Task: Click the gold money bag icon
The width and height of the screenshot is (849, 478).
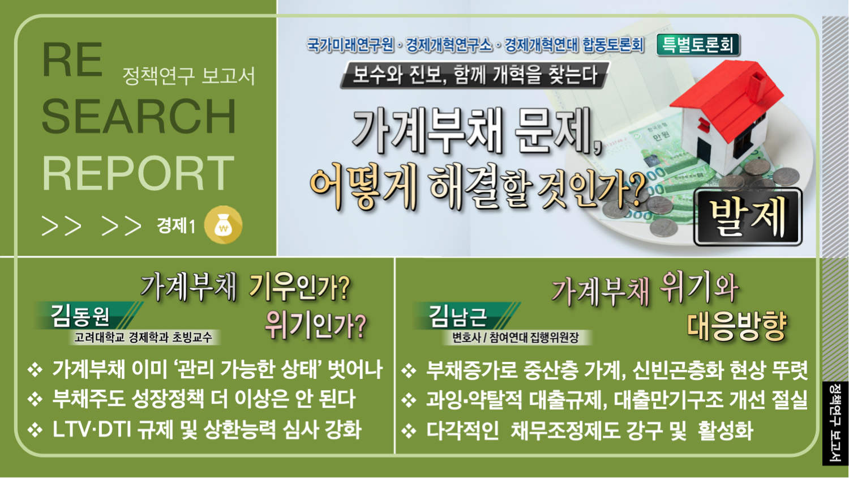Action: pos(223,225)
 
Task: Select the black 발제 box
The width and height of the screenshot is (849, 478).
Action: pos(748,217)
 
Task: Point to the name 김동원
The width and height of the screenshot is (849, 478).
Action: pos(80,316)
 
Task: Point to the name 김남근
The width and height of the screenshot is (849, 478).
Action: pos(458,316)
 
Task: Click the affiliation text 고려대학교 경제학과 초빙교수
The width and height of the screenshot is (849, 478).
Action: pos(143,337)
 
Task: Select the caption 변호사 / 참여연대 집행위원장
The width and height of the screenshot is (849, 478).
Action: pos(516,337)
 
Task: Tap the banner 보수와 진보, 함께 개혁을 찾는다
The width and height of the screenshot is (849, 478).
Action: pos(475,75)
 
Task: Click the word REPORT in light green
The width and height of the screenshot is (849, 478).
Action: pos(138,173)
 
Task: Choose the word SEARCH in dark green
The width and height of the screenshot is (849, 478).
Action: pos(139,116)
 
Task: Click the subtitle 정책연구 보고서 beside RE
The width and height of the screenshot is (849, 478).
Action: pos(188,75)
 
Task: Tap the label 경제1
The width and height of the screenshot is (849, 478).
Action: pos(176,226)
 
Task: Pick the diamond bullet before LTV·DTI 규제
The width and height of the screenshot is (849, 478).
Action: pos(35,430)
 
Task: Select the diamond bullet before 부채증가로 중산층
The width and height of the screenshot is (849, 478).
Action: pos(409,370)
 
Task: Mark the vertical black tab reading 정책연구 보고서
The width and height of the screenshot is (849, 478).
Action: pos(834,424)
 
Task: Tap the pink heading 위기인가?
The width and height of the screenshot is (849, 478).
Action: pos(315,325)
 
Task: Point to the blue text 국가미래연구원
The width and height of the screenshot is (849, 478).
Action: pos(350,45)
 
